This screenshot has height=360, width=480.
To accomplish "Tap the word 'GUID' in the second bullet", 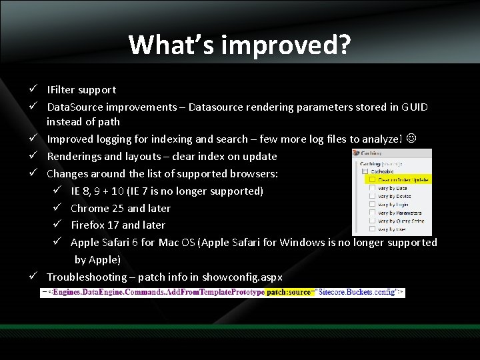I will coord(415,107).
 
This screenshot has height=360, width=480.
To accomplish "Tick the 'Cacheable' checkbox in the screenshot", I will coord(365,171).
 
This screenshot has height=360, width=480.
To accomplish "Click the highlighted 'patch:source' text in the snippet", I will coord(288,292).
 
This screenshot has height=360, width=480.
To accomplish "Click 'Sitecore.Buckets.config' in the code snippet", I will coord(361,292).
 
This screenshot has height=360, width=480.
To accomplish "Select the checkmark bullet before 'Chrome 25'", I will coord(58,208).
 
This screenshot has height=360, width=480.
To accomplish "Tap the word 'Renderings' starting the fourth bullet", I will coord(75,156).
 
